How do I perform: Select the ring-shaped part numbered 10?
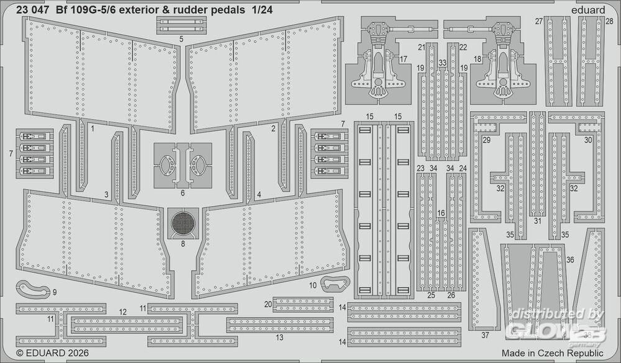click(x=333, y=284)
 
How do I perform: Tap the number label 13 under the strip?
click(x=279, y=338)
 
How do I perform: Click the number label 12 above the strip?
click(x=123, y=312)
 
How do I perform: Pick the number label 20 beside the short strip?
click(x=268, y=304)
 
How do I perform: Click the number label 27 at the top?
click(x=538, y=21)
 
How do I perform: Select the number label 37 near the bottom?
click(x=486, y=335)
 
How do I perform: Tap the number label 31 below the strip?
click(x=538, y=220)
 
